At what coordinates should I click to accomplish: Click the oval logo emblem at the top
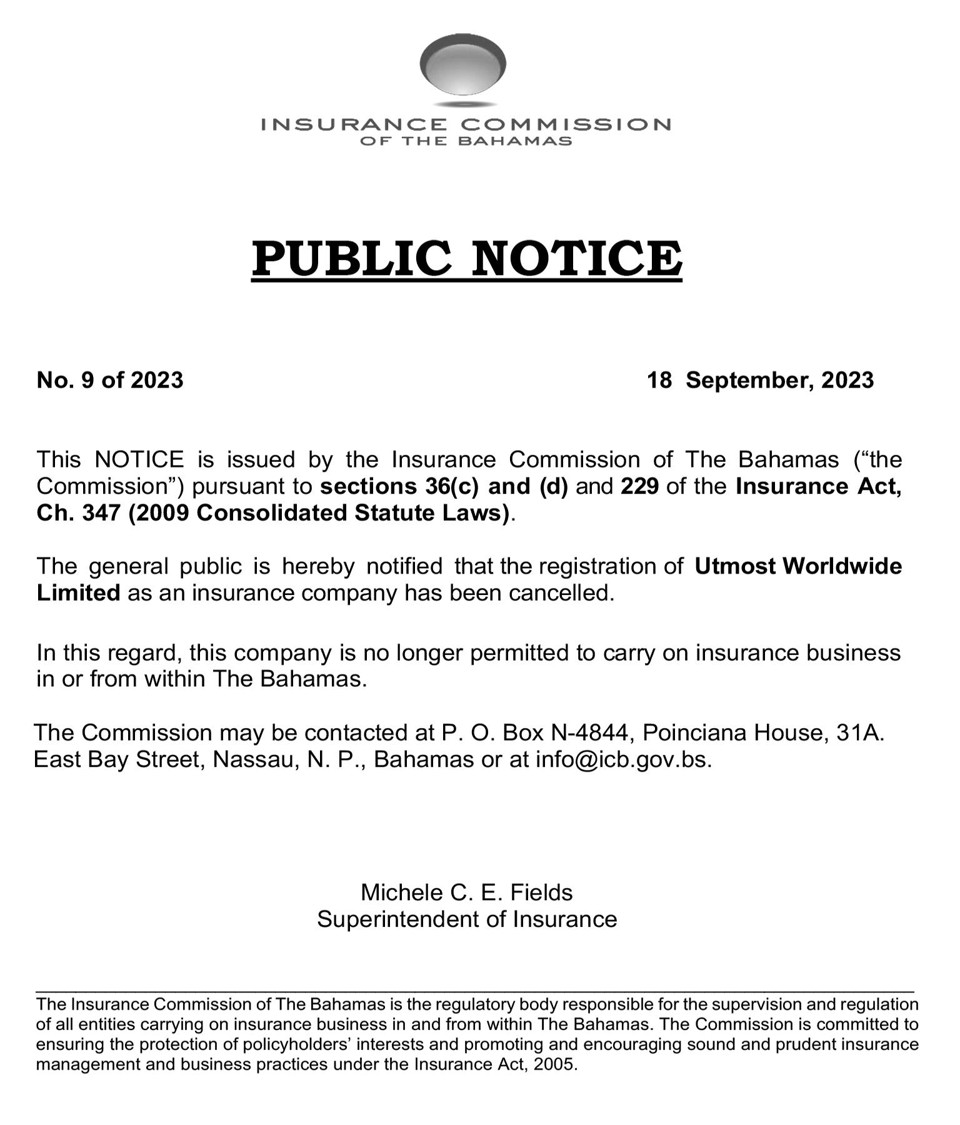click(x=462, y=65)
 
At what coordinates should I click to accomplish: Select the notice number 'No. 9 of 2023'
click(x=110, y=380)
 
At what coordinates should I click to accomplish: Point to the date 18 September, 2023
click(x=760, y=380)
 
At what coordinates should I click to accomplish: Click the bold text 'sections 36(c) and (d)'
click(x=444, y=486)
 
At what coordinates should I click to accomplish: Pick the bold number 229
click(x=639, y=486)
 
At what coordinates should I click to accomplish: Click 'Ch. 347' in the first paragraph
click(x=78, y=513)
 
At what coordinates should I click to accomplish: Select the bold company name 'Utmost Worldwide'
click(x=798, y=566)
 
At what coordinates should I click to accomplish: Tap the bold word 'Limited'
click(x=78, y=592)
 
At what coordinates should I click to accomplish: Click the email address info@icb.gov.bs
click(x=623, y=759)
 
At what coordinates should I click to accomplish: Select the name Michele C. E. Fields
click(x=466, y=892)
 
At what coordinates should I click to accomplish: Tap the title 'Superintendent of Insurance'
click(x=466, y=919)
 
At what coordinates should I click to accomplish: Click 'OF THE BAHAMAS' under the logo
click(x=466, y=141)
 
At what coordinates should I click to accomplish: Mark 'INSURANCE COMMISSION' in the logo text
click(x=466, y=124)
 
